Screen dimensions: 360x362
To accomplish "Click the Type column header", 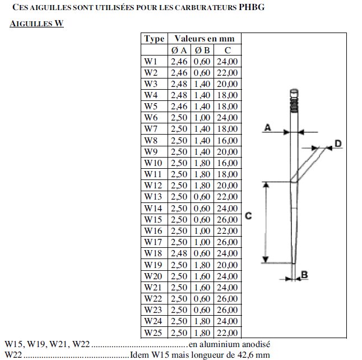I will click(154, 39).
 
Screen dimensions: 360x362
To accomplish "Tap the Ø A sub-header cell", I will click(180, 50).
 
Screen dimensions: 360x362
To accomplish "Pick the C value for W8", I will click(227, 140).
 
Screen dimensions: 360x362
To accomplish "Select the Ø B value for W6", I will click(202, 118).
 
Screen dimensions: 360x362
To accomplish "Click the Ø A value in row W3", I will click(180, 84).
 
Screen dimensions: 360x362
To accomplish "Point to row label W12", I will click(152, 186).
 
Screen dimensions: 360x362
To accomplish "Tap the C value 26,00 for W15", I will click(227, 219).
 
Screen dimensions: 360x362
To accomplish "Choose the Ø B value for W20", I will click(202, 276).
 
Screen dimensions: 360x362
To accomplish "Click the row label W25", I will click(152, 333).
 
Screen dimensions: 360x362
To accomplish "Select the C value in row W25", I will click(227, 333).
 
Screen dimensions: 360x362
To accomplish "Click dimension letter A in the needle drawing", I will click(267, 128).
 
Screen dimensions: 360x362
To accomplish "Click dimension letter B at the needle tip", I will click(304, 274).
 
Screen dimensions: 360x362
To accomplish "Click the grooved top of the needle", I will click(294, 99).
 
